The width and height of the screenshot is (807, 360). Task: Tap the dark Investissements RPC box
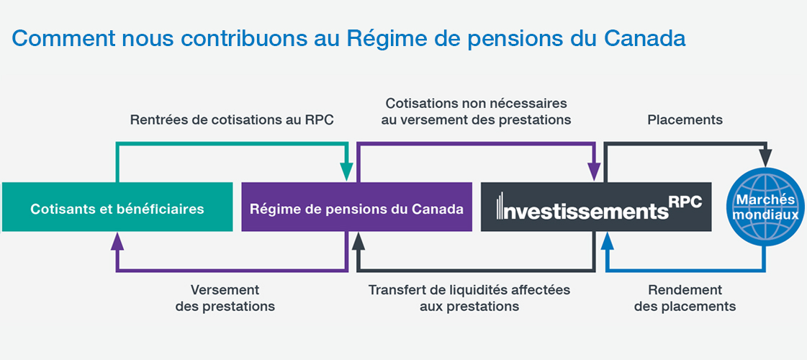596,207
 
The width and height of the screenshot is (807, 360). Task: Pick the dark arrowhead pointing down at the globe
767,158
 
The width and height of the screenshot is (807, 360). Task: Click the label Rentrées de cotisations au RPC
232,120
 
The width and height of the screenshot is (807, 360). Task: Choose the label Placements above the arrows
685,120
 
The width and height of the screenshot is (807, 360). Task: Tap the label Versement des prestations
225,298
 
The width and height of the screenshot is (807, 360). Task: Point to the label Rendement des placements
685,298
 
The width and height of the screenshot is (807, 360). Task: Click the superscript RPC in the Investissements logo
687,201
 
